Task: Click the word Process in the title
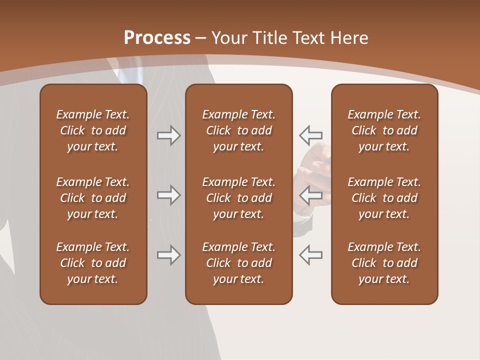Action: (157, 38)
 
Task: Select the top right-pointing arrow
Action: (168, 135)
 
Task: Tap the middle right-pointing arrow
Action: (168, 195)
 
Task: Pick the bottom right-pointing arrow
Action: (168, 255)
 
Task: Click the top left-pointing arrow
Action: (310, 135)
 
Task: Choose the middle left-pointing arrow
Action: (310, 195)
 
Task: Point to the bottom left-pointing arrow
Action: (310, 255)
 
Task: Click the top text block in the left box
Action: (93, 130)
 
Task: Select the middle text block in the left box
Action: (93, 198)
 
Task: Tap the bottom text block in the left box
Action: (93, 263)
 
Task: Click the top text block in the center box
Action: (238, 130)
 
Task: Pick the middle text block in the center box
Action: (238, 198)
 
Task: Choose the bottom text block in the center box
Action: (238, 263)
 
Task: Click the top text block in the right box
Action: (384, 130)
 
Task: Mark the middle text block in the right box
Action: (384, 198)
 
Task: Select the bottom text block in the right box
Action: (384, 263)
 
